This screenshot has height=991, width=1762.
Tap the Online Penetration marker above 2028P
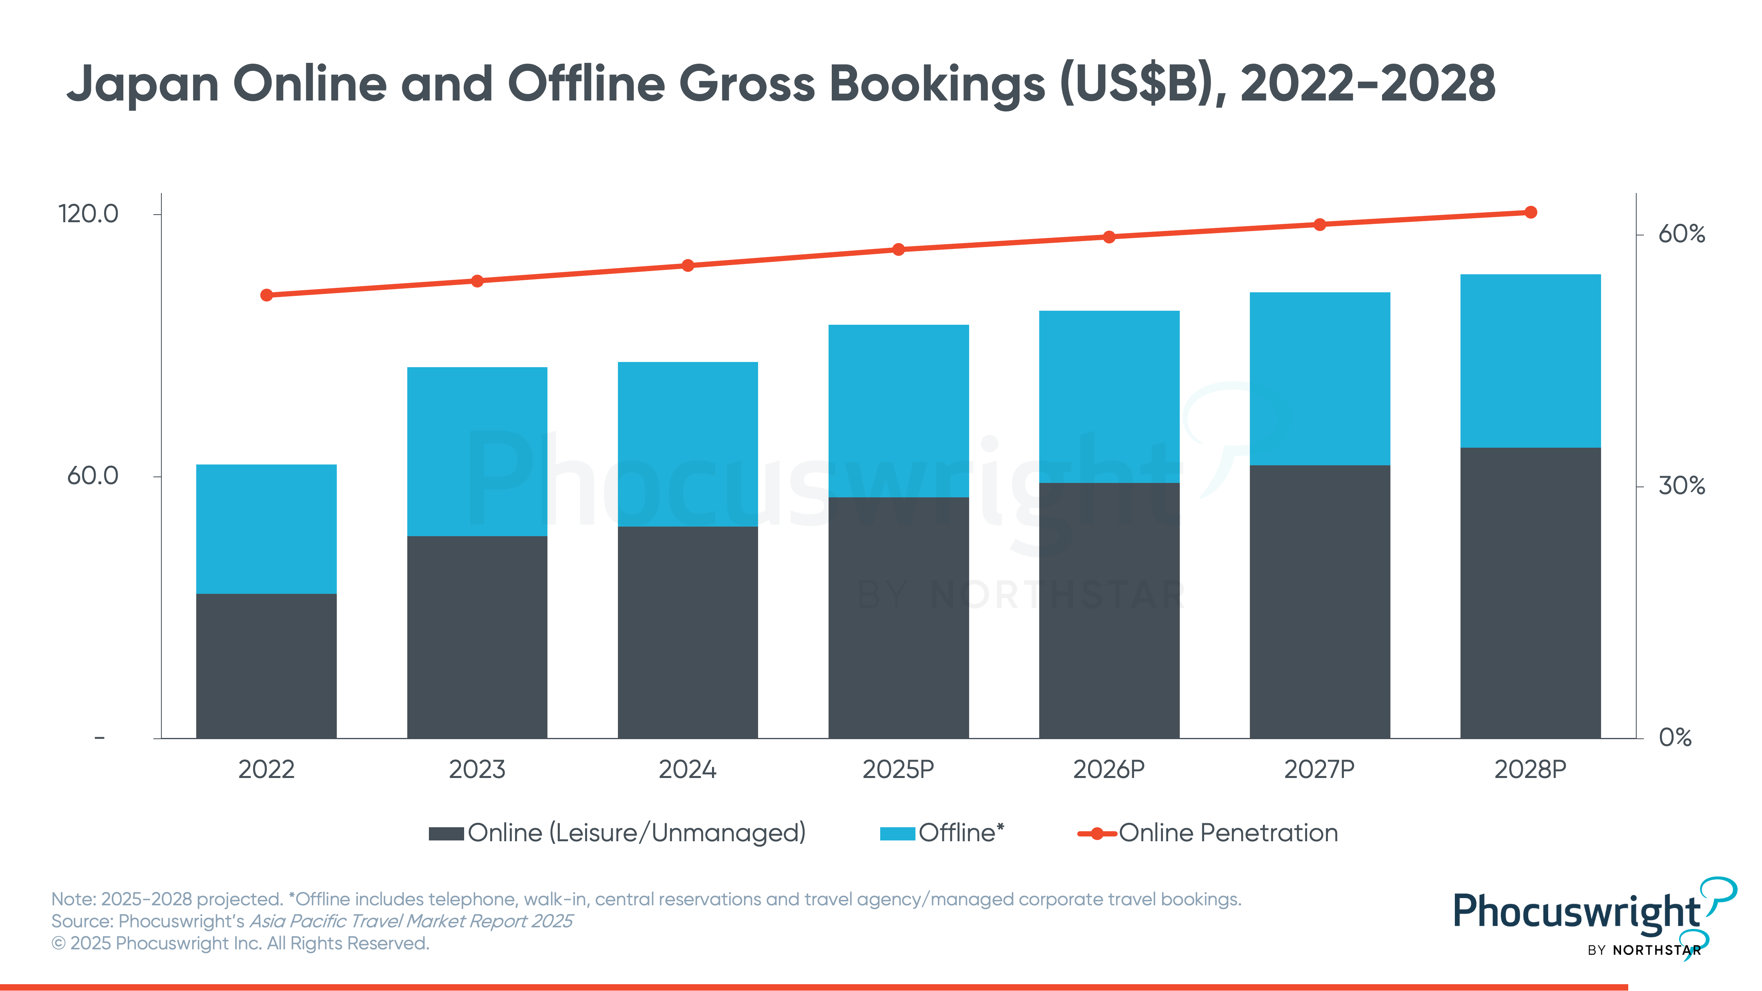tap(1531, 213)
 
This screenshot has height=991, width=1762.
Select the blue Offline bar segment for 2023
tap(477, 451)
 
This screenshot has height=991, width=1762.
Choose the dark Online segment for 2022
tap(266, 665)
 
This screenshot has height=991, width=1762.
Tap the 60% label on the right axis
tap(1681, 235)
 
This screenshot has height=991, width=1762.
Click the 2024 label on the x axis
tap(688, 770)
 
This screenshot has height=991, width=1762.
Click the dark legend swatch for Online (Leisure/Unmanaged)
tap(446, 834)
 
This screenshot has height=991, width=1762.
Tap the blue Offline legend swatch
tap(897, 834)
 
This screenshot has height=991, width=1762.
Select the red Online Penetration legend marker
tap(1096, 834)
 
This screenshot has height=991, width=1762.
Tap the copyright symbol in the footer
tap(59, 944)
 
